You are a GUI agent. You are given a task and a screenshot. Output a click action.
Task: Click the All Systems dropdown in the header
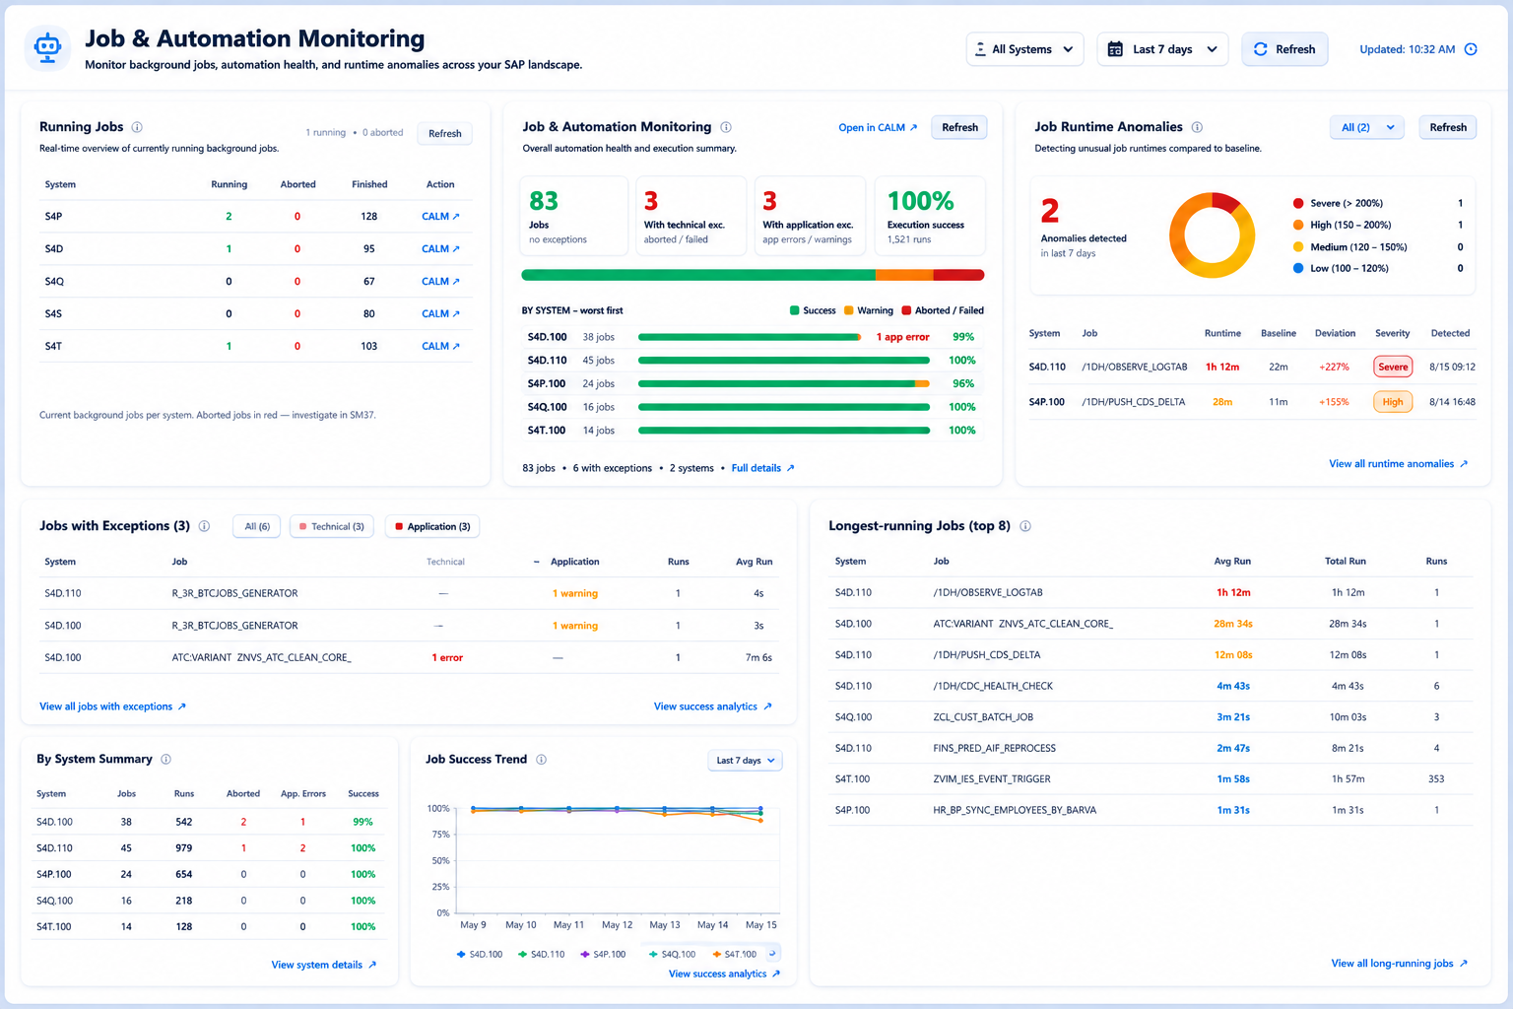1024,49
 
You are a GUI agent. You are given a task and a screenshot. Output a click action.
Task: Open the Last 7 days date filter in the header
1162,49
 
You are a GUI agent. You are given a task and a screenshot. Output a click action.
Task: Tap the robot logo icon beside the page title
47,48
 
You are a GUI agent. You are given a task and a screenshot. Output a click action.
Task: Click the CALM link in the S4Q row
440,281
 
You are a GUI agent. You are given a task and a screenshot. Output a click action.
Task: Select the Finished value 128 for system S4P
368,216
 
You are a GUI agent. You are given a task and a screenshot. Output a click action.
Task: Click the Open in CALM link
878,128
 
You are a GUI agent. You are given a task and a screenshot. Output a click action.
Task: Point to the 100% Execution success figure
920,201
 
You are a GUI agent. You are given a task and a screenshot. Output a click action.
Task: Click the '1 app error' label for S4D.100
902,337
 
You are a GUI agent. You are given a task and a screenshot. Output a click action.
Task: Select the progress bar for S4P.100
783,384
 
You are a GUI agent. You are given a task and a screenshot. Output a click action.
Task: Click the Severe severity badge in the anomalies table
1392,367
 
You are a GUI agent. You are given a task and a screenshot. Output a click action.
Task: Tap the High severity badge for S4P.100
1392,402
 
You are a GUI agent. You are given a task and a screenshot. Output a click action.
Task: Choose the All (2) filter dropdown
1366,128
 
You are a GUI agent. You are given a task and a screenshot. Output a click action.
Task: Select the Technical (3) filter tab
332,526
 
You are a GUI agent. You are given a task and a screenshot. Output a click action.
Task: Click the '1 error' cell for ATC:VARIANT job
447,657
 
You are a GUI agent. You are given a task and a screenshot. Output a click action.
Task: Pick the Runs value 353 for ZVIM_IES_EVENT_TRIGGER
1436,779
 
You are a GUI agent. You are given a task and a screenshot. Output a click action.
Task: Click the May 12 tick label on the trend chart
617,924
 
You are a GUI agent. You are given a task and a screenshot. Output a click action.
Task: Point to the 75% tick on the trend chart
438,835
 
